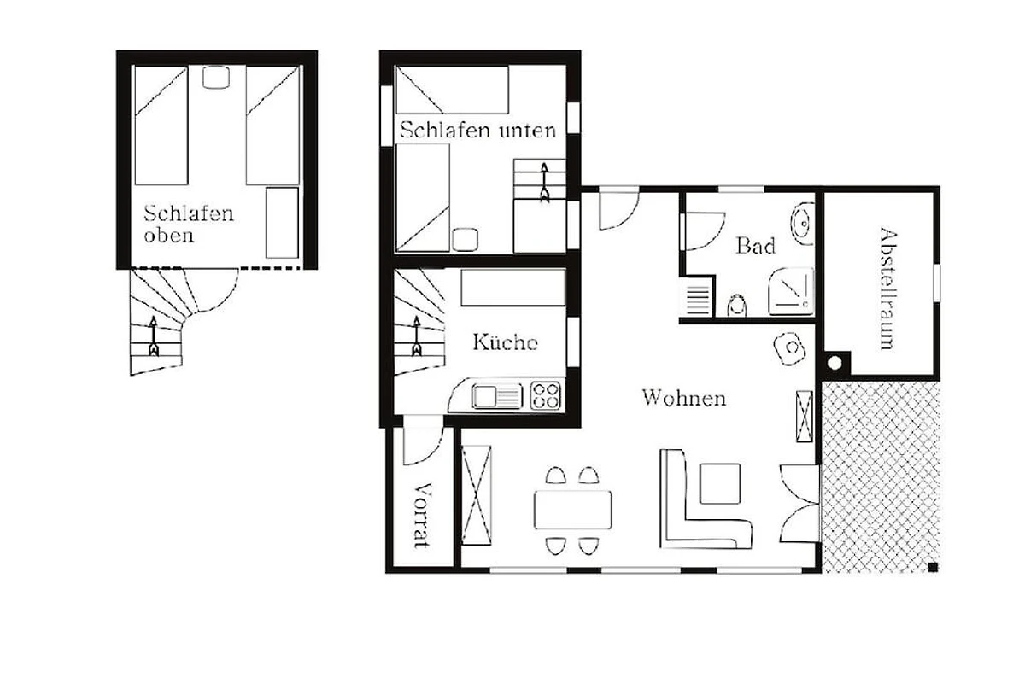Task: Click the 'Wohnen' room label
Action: click(684, 398)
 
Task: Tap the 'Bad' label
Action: click(755, 246)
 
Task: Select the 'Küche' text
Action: click(505, 342)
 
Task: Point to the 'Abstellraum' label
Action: click(888, 289)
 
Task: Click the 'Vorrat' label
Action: click(423, 515)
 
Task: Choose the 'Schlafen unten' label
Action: click(478, 130)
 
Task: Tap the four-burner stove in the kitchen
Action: click(546, 395)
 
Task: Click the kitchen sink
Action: click(497, 395)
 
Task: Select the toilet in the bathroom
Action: click(736, 306)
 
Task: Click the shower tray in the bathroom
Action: click(791, 291)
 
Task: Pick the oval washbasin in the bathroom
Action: click(802, 225)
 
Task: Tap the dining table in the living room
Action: click(573, 510)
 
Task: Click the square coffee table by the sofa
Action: click(720, 484)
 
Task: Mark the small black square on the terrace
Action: click(933, 567)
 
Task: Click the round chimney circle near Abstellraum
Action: click(835, 363)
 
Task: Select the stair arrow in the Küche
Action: click(417, 336)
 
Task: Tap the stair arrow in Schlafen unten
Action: click(545, 183)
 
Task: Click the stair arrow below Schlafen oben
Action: click(153, 336)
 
